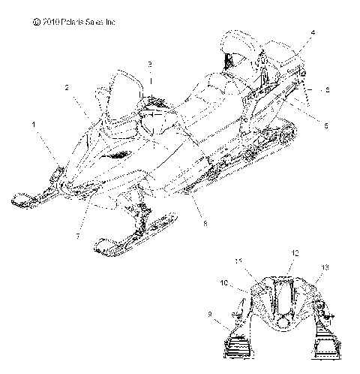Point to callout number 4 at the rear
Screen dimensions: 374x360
pos(313,32)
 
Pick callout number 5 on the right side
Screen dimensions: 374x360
pos(328,89)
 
